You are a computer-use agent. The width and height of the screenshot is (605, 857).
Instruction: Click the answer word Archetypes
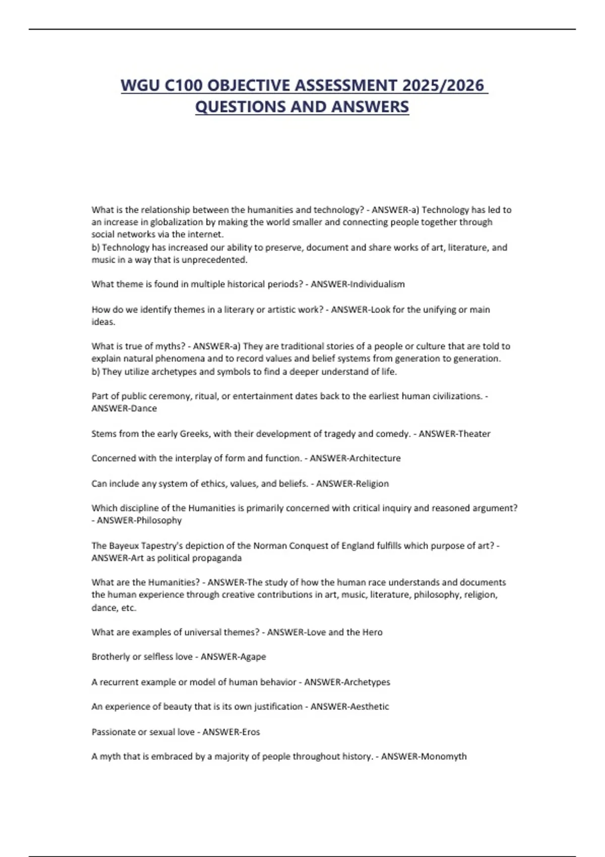pos(367,682)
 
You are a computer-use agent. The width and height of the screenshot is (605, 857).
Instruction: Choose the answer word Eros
pos(250,732)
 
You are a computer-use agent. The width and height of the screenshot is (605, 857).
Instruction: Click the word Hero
pos(373,632)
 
